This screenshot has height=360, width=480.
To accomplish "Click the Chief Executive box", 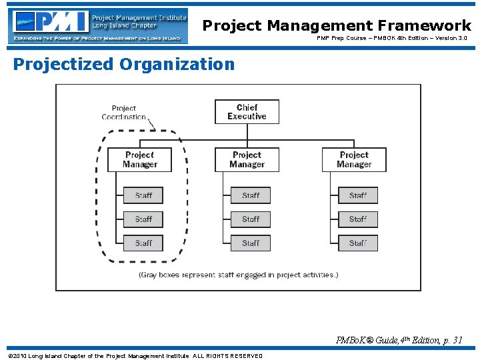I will [247, 112].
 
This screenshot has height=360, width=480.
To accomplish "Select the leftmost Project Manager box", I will [140, 160].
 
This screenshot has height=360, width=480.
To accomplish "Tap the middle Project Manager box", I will [247, 160].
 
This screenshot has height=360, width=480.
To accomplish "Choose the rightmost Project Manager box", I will [354, 160].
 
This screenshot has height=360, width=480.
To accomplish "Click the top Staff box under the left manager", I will [143, 195].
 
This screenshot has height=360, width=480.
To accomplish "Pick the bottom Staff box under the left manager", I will [143, 243].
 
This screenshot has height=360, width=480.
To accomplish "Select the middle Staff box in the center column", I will [251, 219].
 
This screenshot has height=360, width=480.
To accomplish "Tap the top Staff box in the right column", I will [357, 195].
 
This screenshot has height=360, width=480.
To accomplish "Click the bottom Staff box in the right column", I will [357, 243].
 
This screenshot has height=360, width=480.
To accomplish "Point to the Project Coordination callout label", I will [124, 113].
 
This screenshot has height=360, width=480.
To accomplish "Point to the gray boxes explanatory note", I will [238, 275].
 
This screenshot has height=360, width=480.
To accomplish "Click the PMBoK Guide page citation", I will [399, 340].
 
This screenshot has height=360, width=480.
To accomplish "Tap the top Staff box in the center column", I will [251, 195].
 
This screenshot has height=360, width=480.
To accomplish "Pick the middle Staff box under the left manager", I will [143, 219].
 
